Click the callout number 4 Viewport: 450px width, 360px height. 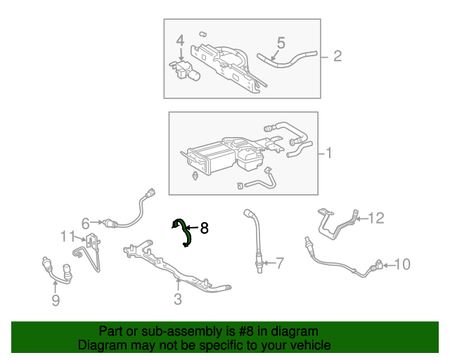click(x=180, y=40)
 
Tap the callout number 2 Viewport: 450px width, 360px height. click(x=337, y=56)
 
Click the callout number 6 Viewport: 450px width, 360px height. click(x=86, y=224)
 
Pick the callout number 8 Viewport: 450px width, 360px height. click(x=204, y=228)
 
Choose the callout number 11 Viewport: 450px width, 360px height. click(x=67, y=236)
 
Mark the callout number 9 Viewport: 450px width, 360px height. click(x=56, y=301)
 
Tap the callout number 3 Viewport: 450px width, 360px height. click(x=177, y=300)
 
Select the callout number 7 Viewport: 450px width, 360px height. click(x=279, y=264)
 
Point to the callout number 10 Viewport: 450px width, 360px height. click(x=401, y=264)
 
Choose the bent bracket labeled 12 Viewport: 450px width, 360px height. click(x=334, y=221)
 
